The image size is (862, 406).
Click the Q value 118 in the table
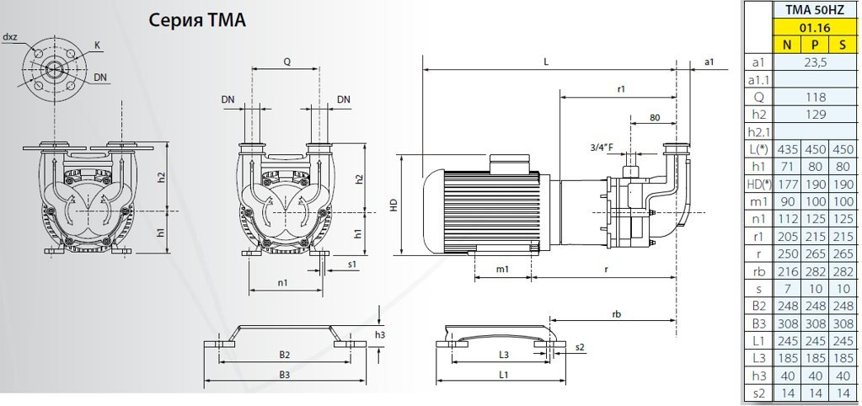[815, 97]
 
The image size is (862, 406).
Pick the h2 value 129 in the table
[815, 114]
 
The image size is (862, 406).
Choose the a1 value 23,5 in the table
[815, 62]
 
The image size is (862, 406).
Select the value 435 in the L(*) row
[786, 148]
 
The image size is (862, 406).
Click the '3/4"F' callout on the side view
[602, 147]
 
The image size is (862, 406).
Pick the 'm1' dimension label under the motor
[502, 269]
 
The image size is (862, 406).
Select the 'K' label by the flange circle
[99, 44]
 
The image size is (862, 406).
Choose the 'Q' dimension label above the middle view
[287, 61]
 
